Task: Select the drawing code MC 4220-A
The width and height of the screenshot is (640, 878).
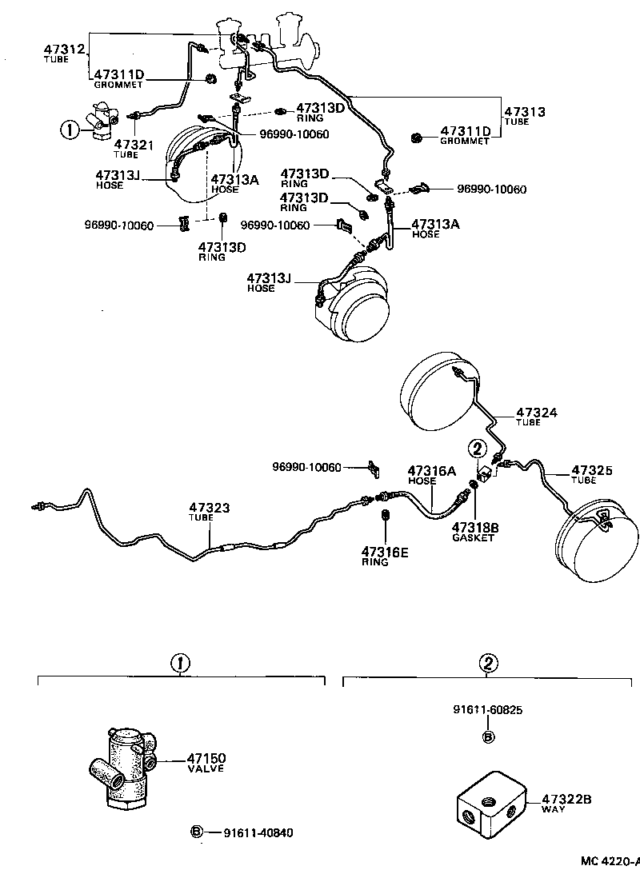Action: pyautogui.click(x=610, y=861)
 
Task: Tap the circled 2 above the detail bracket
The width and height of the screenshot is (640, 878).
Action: pyautogui.click(x=488, y=663)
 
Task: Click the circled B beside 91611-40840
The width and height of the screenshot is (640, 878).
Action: pyautogui.click(x=195, y=832)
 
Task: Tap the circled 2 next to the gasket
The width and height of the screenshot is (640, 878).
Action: pyautogui.click(x=477, y=449)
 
